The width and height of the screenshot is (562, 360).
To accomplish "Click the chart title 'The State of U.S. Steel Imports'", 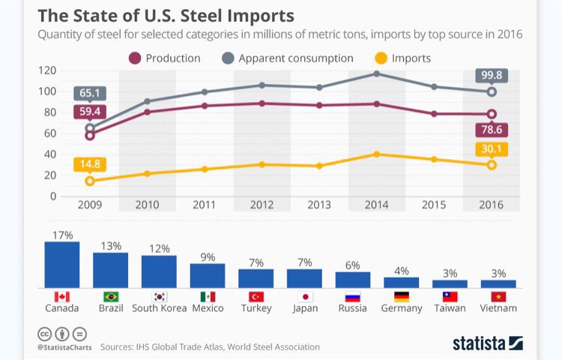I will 166,15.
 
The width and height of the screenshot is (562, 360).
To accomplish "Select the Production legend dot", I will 135,58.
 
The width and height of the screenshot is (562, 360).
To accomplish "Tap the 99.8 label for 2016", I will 492,75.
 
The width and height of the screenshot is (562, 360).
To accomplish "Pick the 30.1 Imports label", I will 492,148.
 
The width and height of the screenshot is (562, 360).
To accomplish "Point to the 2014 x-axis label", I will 376,204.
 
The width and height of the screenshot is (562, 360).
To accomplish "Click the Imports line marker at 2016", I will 492,165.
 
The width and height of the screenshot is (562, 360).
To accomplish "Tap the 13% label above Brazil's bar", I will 110,245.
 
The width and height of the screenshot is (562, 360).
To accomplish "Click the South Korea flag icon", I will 159,296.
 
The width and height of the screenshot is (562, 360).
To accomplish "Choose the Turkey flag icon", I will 256,296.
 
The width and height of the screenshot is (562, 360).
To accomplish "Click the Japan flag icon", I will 304,296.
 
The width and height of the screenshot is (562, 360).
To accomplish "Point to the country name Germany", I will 401,308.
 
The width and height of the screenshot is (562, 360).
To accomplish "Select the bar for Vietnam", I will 498,283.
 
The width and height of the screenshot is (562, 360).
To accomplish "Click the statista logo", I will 487,343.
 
